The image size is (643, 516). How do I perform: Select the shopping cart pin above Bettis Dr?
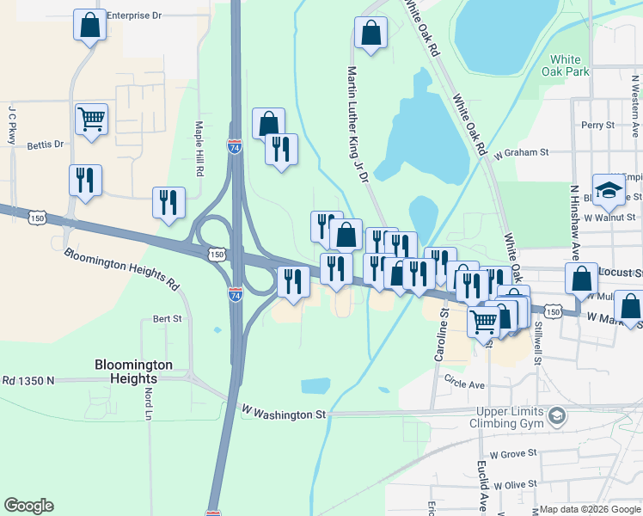tap(91, 119)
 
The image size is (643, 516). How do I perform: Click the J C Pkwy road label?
tap(13, 124)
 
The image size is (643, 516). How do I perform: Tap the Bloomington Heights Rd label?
tap(121, 268)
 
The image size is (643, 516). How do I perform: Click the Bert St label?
tap(167, 318)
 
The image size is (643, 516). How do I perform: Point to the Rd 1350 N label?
tap(28, 380)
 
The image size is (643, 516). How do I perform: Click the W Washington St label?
tap(285, 415)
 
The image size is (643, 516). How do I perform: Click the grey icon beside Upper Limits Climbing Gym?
tap(557, 416)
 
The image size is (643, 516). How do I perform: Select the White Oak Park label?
tap(570, 65)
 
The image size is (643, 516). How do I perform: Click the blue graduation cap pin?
tap(609, 192)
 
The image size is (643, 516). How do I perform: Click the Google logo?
tap(28, 506)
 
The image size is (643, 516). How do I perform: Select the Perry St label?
tap(597, 125)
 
